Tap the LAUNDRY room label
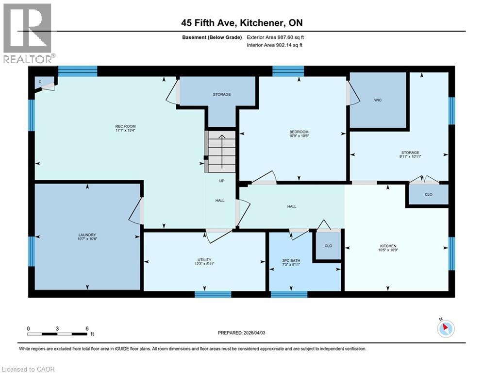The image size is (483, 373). (x=87, y=235)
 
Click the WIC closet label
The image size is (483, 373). (x=378, y=100)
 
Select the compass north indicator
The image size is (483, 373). (x=445, y=328)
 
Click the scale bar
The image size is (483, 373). (x=58, y=334)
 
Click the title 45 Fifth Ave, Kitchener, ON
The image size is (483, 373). (x=241, y=23)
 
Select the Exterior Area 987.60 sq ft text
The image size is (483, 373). (x=275, y=37)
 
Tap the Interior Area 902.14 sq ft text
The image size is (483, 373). (x=274, y=45)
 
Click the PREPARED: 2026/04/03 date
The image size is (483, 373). (x=241, y=333)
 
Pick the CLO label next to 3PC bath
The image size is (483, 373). (x=328, y=246)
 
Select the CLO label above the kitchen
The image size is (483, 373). (x=428, y=194)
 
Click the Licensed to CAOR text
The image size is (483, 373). (x=29, y=369)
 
